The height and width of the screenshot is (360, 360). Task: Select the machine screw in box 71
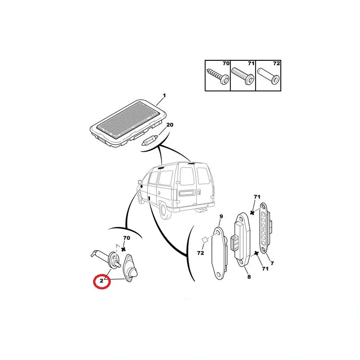243,76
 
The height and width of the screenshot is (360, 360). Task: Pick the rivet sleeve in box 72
268,76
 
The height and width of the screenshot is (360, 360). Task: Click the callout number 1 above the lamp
164,95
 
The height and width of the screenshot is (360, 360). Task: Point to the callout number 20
170,125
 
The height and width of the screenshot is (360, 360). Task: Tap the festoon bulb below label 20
149,140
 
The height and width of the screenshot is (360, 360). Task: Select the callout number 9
221,216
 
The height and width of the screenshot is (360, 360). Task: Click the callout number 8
249,277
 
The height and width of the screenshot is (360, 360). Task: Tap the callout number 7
272,263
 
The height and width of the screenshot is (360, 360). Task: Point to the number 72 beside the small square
200,253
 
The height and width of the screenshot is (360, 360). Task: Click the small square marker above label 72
205,240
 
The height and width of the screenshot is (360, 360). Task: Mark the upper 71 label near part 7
257,197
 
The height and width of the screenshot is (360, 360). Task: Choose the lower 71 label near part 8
265,268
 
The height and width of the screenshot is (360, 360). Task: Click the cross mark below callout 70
123,249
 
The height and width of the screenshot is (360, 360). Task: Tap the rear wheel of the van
165,211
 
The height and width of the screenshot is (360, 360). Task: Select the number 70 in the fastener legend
226,63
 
